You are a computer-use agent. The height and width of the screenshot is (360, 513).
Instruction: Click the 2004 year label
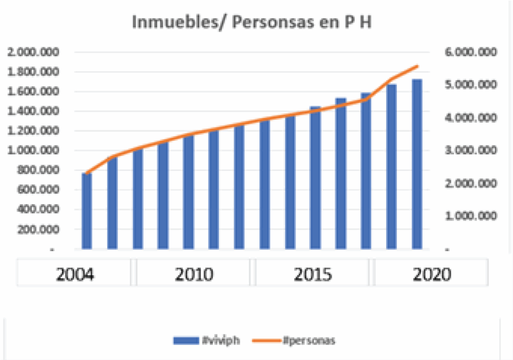coord(75,274)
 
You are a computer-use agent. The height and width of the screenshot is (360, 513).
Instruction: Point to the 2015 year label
coord(314,274)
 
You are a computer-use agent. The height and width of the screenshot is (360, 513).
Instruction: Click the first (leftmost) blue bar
coord(87,211)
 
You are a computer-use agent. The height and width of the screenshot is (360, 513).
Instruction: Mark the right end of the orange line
coord(417,66)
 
